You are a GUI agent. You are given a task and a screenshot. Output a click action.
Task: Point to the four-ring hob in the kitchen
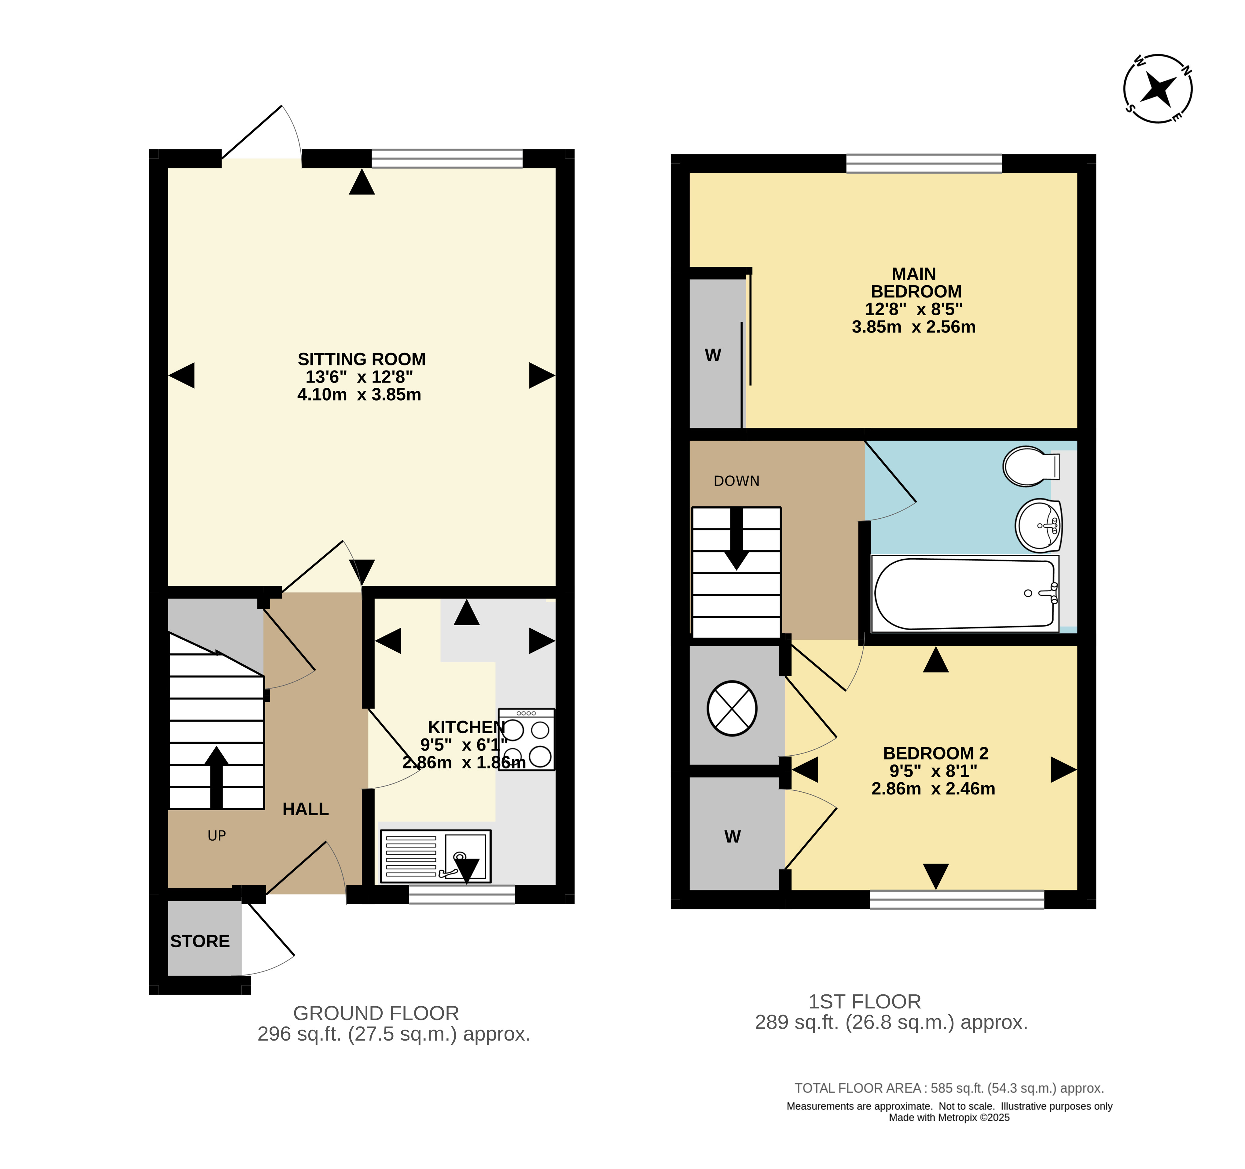pos(527,739)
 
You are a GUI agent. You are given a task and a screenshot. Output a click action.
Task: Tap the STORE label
pos(200,941)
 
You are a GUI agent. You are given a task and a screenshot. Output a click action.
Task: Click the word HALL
pos(306,809)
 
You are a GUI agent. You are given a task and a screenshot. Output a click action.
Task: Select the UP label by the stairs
pos(217,836)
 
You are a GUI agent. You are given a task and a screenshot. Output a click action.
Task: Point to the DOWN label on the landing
pos(736,481)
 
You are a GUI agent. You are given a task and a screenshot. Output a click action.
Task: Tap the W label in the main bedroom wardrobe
pos(713,355)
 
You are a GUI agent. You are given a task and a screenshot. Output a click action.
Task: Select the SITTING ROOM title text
pos(361,360)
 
